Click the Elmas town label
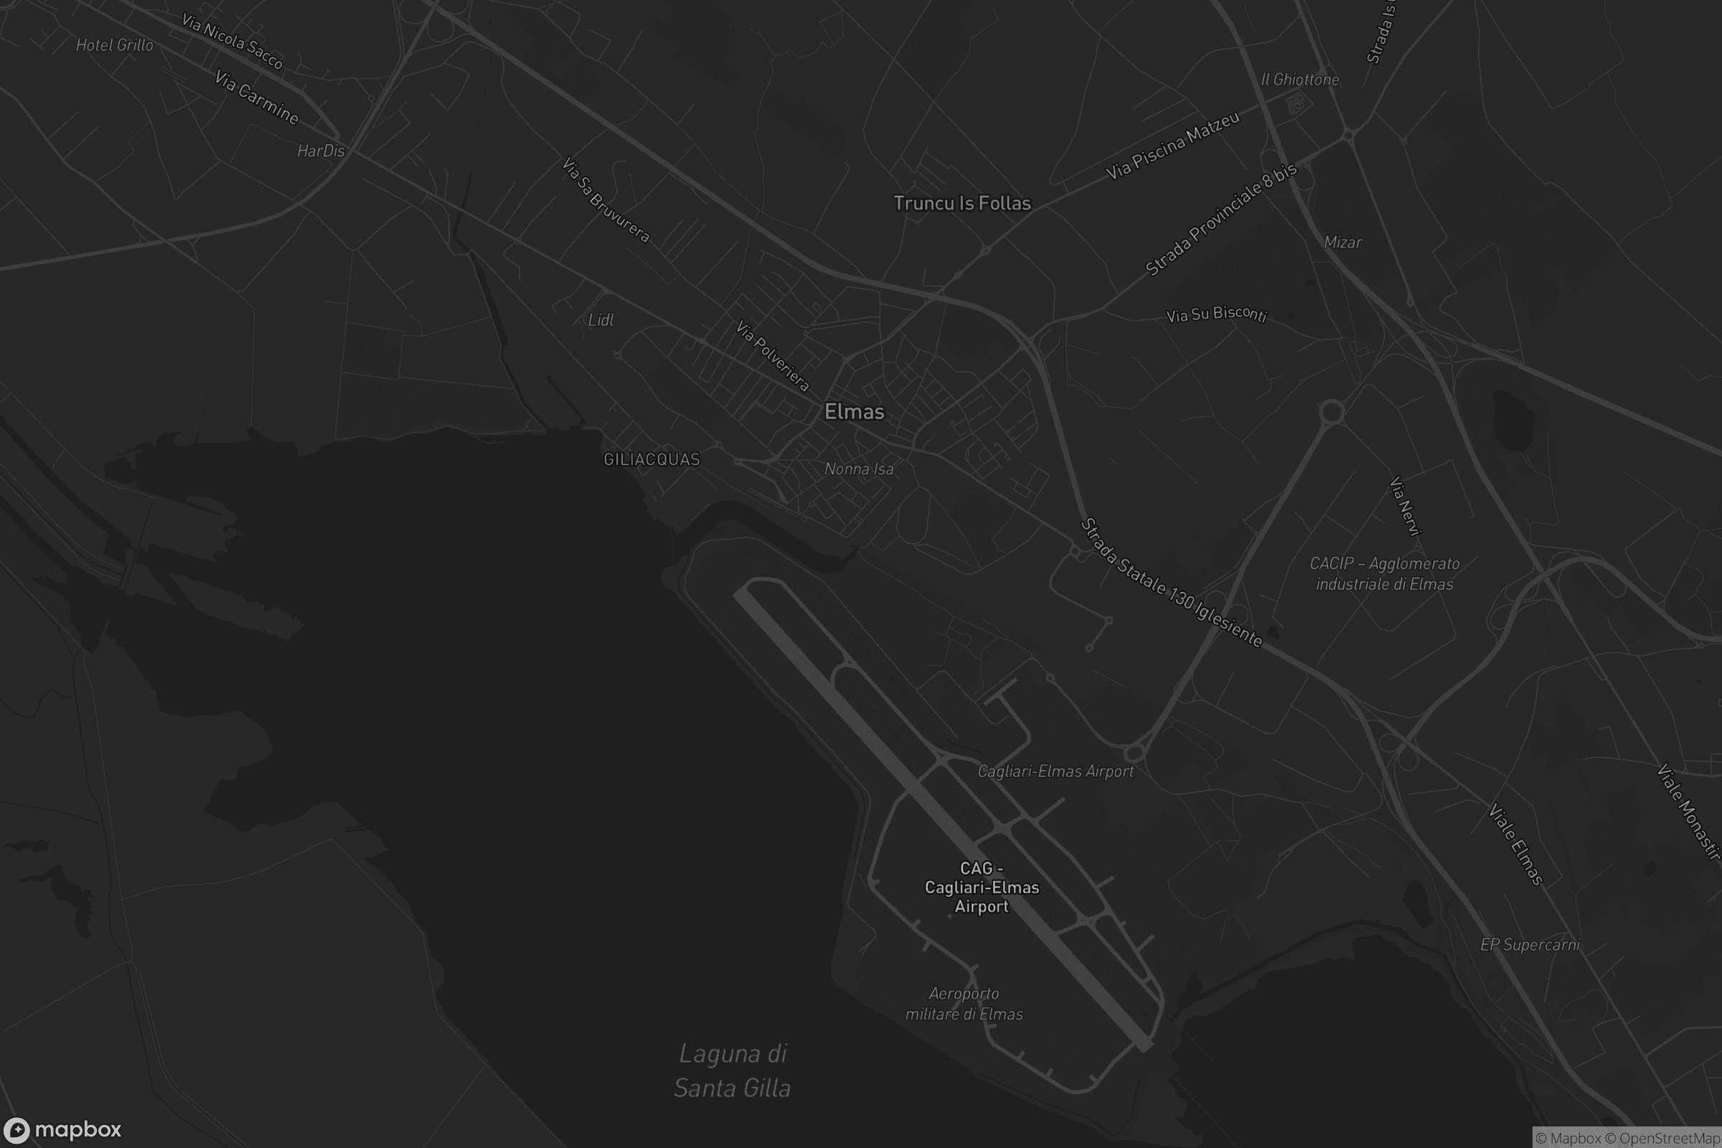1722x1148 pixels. click(x=854, y=411)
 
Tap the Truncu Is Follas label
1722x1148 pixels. click(x=962, y=203)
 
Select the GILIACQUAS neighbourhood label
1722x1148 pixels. click(x=651, y=459)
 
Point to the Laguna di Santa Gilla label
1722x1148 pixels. click(x=732, y=1071)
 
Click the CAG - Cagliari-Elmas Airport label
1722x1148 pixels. click(x=982, y=888)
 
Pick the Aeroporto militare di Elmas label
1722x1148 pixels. click(x=964, y=1004)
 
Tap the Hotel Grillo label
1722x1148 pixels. click(x=115, y=45)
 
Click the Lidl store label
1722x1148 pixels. click(x=601, y=320)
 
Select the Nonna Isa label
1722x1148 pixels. click(x=859, y=469)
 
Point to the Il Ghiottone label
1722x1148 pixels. click(x=1299, y=80)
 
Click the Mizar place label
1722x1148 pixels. click(x=1342, y=243)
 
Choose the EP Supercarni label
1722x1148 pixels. click(x=1530, y=945)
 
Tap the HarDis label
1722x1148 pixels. click(x=321, y=151)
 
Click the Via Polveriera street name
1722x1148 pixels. click(x=773, y=356)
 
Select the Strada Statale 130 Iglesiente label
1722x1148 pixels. click(x=1172, y=583)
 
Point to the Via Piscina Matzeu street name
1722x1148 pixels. click(x=1172, y=146)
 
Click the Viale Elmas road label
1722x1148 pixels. click(x=1515, y=844)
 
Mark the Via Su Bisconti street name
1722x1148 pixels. click(x=1216, y=314)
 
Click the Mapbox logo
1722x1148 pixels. click(x=62, y=1129)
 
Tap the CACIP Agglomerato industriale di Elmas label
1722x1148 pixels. click(x=1385, y=574)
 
